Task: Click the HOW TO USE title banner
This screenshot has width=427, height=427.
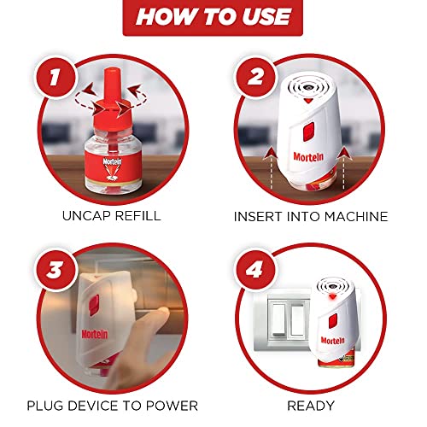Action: pos(213,17)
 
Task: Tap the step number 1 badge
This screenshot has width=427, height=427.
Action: pos(56,77)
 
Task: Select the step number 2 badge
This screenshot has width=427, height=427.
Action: pos(255,77)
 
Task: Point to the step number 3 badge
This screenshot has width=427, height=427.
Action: pos(56,269)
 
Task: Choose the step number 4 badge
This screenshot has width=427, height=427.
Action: pos(254,269)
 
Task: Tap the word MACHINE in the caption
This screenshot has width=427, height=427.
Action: pos(356,217)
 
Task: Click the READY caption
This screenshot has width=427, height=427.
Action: pos(311,406)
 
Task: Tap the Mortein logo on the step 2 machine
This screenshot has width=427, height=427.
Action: pos(308,156)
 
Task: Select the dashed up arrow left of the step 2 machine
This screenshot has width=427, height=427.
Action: pos(270,168)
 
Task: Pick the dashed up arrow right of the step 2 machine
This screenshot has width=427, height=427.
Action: pos(344,168)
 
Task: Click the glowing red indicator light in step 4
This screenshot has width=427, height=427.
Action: pos(331,297)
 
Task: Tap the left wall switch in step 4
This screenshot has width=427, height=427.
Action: pos(278,320)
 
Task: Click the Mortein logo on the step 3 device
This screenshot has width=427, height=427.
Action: pos(95,334)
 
